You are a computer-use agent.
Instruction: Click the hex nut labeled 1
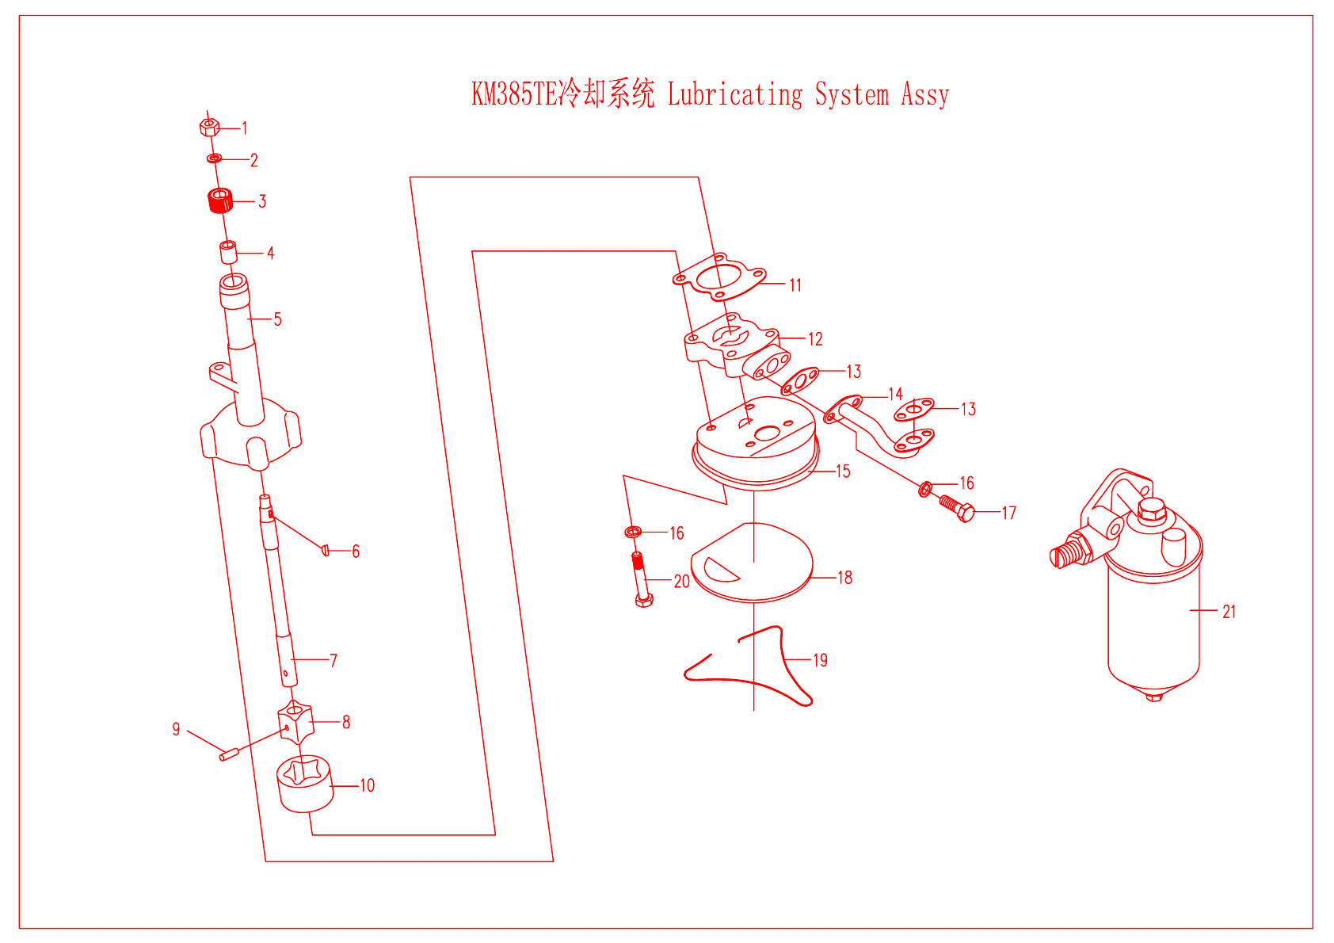208,127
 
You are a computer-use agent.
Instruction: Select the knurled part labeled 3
220,200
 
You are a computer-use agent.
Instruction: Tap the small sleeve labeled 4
228,252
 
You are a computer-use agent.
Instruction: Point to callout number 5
277,319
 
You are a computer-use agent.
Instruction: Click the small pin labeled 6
326,550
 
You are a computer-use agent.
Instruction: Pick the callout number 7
333,660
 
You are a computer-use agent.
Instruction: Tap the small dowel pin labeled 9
229,754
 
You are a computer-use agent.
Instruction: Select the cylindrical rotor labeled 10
305,785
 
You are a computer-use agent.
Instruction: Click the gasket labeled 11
719,278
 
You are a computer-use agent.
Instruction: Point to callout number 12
815,339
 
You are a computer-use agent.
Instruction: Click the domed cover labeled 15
757,448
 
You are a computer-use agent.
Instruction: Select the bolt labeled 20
641,578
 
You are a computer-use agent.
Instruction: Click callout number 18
845,578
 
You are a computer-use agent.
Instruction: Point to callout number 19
821,660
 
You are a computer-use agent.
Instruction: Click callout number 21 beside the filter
1229,612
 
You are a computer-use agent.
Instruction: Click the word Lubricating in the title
735,94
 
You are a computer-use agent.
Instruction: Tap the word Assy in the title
924,94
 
